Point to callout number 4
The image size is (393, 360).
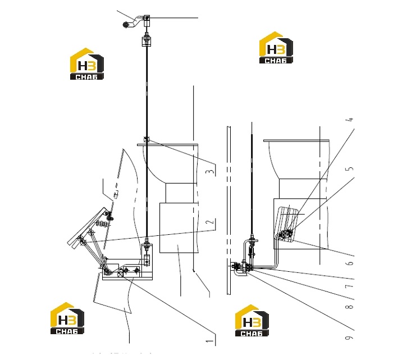coord(351,120)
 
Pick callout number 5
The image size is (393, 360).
coord(350,168)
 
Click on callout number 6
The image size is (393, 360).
coord(350,263)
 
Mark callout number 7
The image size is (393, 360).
coord(350,286)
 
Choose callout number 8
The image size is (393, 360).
coord(350,306)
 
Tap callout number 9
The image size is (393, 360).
coord(349,338)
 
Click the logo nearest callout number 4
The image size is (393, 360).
coord(276,48)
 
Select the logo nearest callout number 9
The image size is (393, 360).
coord(252,321)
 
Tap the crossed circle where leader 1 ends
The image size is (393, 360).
coord(120,274)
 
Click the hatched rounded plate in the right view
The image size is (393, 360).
coord(287,224)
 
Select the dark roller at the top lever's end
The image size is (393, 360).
coord(126,25)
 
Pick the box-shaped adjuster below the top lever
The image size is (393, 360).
coord(147,42)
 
